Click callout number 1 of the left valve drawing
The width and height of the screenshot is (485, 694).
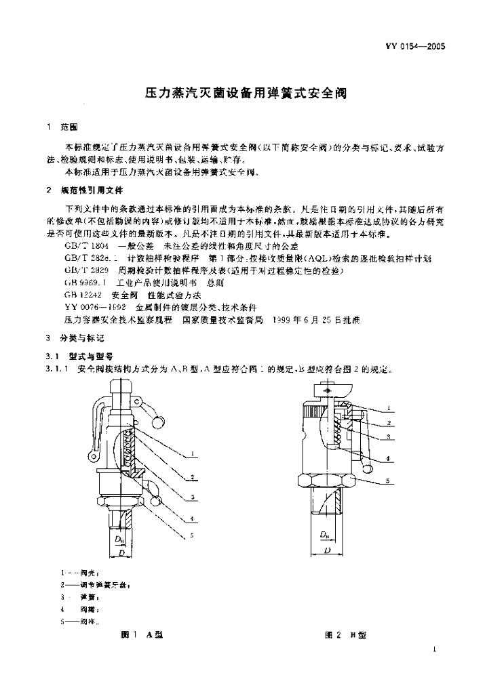coord(194,454)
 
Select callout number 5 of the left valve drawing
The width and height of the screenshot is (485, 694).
coord(193,535)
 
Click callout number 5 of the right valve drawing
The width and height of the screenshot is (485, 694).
coord(387,482)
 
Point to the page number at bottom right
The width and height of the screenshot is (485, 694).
coord(433,650)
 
